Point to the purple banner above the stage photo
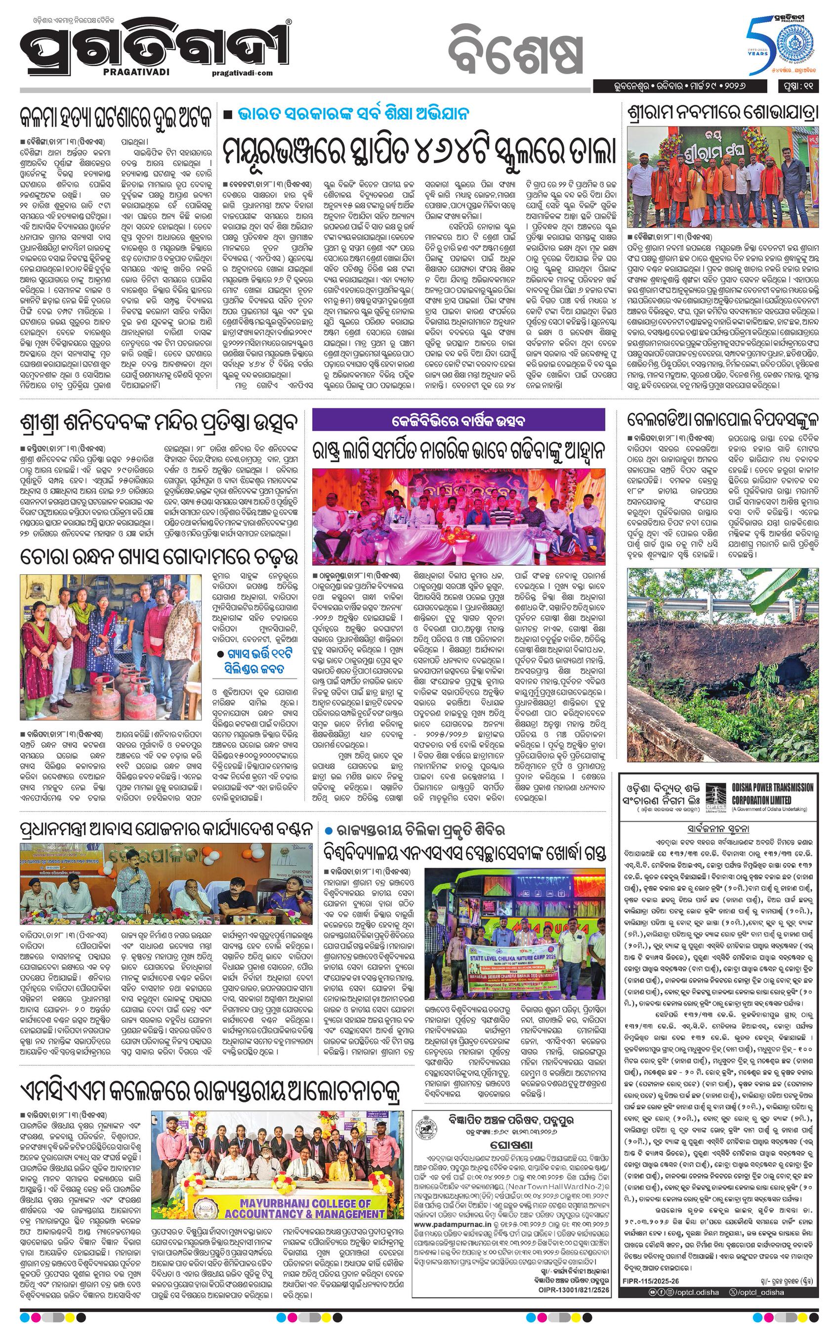(x=458, y=421)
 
